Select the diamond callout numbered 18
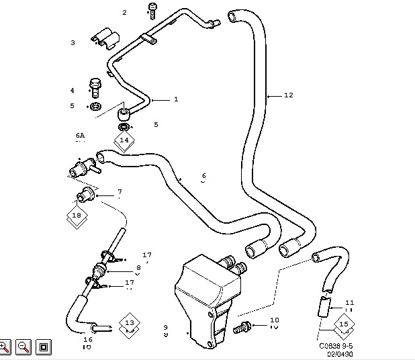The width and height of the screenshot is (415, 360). click(77, 216)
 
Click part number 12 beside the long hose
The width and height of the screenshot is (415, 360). click(288, 95)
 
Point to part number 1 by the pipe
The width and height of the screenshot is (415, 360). click(176, 99)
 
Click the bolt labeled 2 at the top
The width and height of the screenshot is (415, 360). click(153, 10)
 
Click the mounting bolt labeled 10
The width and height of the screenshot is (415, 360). click(242, 327)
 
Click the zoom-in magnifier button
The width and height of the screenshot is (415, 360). click(5, 347)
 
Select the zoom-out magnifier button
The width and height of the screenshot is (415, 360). click(23, 347)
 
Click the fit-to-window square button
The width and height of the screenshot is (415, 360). click(42, 347)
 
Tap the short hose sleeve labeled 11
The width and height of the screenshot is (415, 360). click(322, 308)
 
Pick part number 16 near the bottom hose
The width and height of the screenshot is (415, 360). click(87, 340)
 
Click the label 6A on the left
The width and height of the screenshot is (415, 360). click(81, 135)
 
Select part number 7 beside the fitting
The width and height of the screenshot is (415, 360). click(120, 192)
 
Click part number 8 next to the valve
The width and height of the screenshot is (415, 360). click(138, 267)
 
